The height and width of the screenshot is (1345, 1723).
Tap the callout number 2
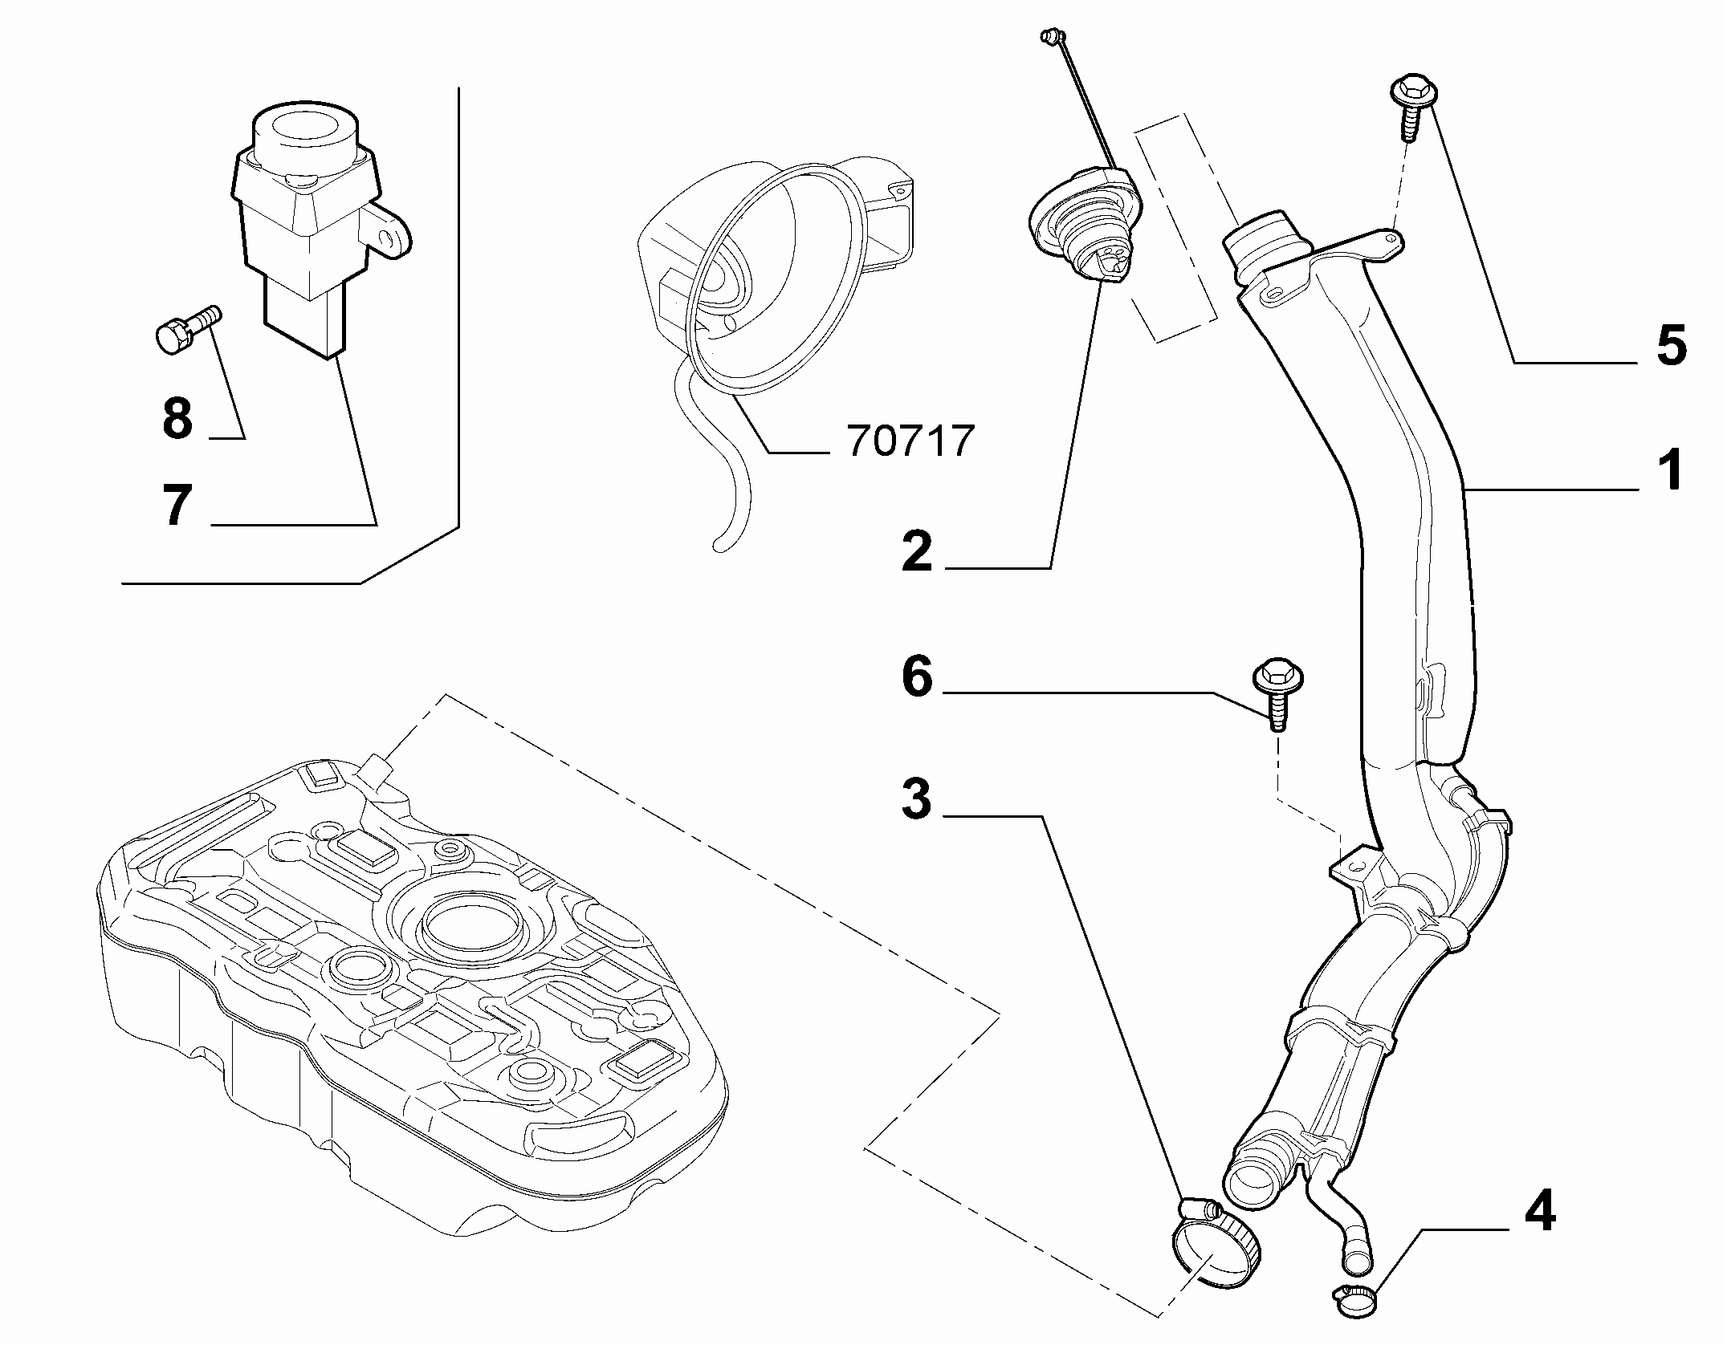(x=916, y=551)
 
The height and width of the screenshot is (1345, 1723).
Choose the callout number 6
(x=917, y=677)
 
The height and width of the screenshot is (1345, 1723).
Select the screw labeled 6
(x=1277, y=695)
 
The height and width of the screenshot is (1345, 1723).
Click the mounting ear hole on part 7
(x=391, y=239)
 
